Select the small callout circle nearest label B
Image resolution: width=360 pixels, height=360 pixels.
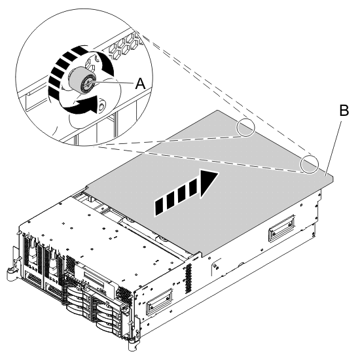[x=309, y=163]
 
